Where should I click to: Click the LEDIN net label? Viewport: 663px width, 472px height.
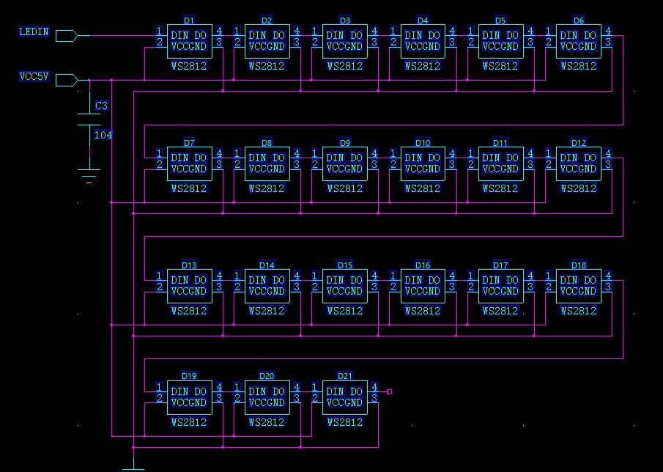[x=34, y=32]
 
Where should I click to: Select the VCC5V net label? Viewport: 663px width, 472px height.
[x=34, y=77]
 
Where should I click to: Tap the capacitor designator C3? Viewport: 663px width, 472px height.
[x=102, y=106]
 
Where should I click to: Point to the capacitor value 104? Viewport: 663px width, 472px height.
[x=103, y=135]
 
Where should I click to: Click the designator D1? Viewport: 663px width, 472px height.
[x=189, y=21]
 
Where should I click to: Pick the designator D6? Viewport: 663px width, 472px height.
[x=579, y=21]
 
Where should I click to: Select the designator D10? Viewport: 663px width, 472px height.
[x=423, y=143]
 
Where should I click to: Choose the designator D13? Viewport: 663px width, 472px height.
[x=189, y=265]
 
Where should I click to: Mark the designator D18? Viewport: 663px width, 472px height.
[x=579, y=265]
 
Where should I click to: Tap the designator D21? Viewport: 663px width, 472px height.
[x=345, y=376]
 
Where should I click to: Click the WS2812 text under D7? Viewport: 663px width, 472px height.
[x=189, y=188]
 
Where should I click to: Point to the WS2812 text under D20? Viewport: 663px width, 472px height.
[x=267, y=422]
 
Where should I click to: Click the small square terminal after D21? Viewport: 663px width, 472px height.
[x=389, y=391]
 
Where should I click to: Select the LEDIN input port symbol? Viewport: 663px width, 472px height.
[x=66, y=35]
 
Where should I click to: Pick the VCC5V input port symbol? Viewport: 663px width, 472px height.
[x=66, y=80]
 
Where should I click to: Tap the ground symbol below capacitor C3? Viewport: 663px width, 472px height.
[x=89, y=174]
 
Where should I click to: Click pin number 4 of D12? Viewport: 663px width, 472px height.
[x=607, y=153]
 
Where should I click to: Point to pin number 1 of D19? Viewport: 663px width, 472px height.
[x=160, y=387]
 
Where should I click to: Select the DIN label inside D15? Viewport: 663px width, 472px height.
[x=335, y=280]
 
